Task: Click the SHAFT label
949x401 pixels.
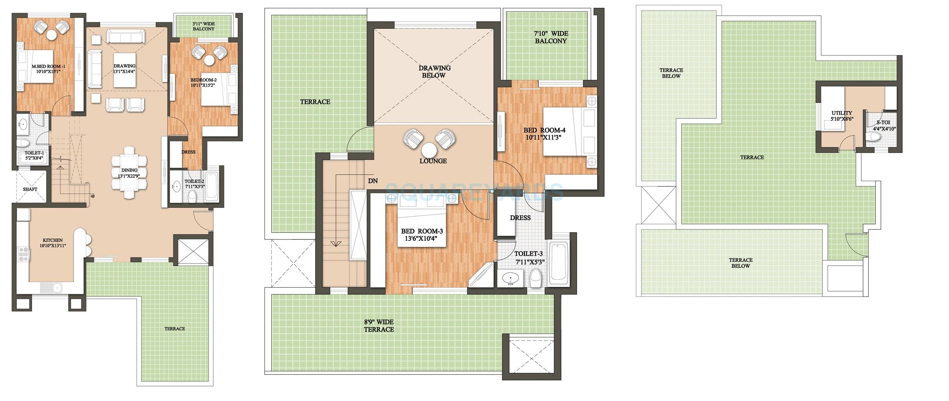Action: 30,189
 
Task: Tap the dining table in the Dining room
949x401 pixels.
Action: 129,173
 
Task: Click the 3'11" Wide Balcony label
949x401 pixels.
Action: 203,26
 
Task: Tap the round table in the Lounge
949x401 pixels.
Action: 429,150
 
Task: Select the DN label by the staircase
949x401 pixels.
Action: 373,181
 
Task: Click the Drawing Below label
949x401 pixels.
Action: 434,71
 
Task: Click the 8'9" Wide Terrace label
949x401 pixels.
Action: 379,325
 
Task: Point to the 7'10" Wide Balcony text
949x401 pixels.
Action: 550,37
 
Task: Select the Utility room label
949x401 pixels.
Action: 842,116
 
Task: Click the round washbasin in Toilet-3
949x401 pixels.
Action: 511,279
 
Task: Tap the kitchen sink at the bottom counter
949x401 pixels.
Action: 51,288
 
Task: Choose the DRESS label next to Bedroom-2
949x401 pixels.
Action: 188,152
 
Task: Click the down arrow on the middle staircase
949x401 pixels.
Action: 335,244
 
